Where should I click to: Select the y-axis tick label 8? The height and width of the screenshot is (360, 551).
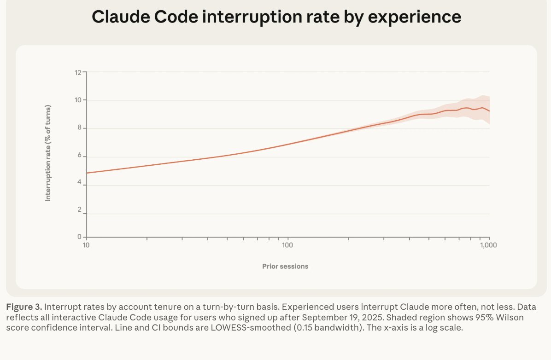click(79, 128)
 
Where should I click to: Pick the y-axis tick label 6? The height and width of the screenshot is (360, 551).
click(79, 156)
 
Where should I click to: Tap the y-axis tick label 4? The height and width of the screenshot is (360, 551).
click(79, 183)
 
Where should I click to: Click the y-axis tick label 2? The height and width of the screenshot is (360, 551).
click(79, 210)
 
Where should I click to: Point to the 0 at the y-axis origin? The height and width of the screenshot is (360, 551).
click(79, 237)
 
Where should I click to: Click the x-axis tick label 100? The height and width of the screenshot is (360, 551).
click(287, 245)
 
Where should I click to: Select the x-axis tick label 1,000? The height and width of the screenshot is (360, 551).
click(488, 245)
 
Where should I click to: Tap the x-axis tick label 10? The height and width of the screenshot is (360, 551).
click(86, 245)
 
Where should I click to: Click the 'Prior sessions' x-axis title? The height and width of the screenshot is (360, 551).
click(285, 266)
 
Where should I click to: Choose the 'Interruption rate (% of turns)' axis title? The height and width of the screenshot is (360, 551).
click(47, 153)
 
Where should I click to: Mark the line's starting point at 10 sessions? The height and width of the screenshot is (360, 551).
click(87, 173)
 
